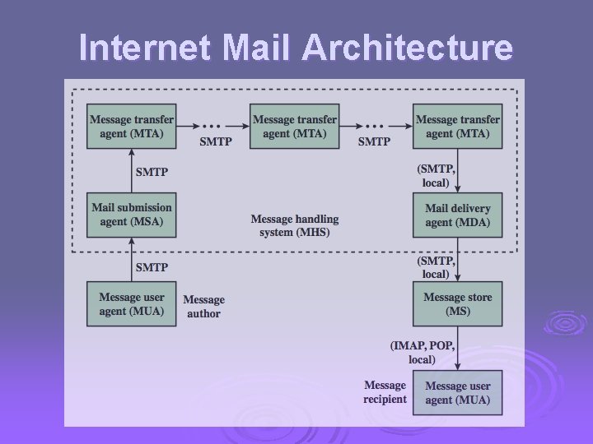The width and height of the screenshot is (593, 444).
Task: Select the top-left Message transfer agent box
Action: pyautogui.click(x=132, y=126)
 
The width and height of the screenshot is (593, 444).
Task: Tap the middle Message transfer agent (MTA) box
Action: pyautogui.click(x=294, y=126)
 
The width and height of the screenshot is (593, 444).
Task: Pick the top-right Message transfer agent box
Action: pyautogui.click(x=458, y=126)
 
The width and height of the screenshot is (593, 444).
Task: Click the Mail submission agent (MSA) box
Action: pyautogui.click(x=132, y=215)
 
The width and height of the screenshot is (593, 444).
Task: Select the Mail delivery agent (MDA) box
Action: pyautogui.click(x=458, y=215)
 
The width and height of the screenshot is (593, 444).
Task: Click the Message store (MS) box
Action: pyautogui.click(x=458, y=303)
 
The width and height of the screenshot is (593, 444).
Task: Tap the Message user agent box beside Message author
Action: pyautogui.click(x=132, y=303)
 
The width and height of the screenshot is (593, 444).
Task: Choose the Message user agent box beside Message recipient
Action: pyautogui.click(x=458, y=392)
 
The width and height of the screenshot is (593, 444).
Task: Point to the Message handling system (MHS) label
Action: pyautogui.click(x=294, y=225)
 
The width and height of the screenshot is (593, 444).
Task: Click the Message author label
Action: pyautogui.click(x=203, y=307)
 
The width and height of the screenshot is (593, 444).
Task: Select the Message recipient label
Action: pyautogui.click(x=385, y=392)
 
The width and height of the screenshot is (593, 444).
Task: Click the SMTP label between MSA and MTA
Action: pyautogui.click(x=152, y=172)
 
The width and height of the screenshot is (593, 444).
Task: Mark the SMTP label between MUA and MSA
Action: pyautogui.click(x=152, y=267)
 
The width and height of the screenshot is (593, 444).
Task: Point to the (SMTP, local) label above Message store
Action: pyautogui.click(x=435, y=267)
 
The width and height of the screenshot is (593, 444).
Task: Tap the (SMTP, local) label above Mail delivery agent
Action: pyautogui.click(x=435, y=176)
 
